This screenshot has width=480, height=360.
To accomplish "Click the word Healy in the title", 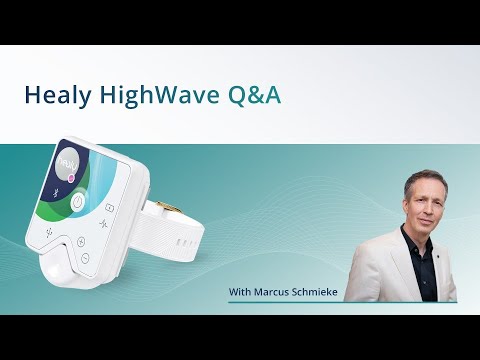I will (58, 95).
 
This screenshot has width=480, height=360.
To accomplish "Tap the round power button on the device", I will (77, 202).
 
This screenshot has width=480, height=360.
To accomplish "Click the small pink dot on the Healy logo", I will (72, 177).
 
